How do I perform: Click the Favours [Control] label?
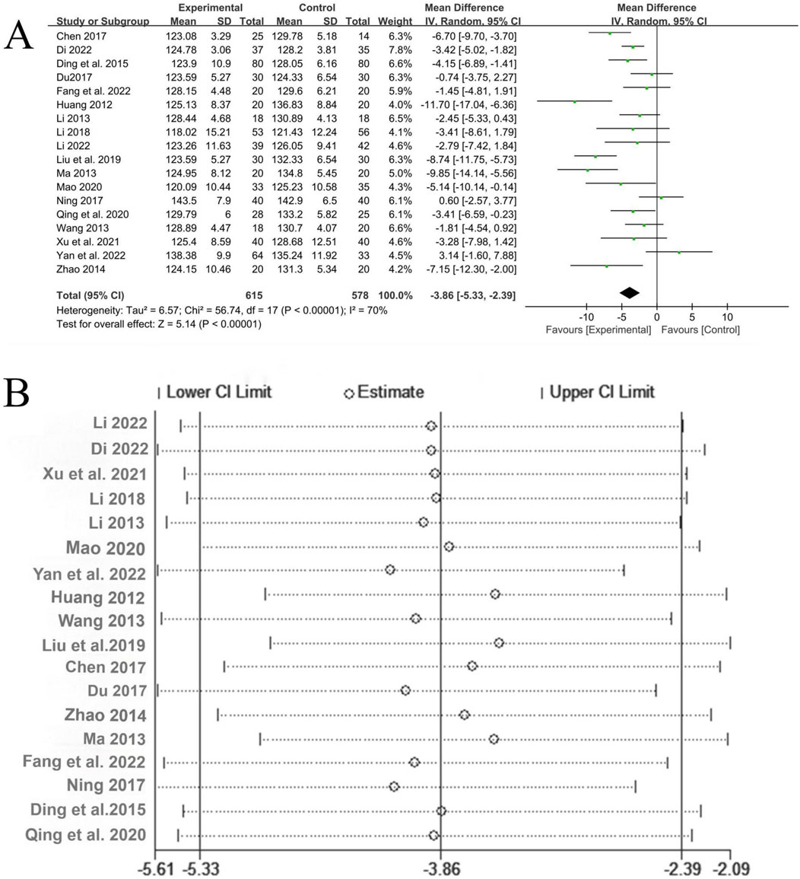click(700, 330)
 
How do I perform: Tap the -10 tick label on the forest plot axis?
click(586, 317)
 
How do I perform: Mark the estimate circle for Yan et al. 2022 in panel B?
click(390, 570)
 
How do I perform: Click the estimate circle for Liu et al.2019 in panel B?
click(499, 643)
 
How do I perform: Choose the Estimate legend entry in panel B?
click(385, 393)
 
